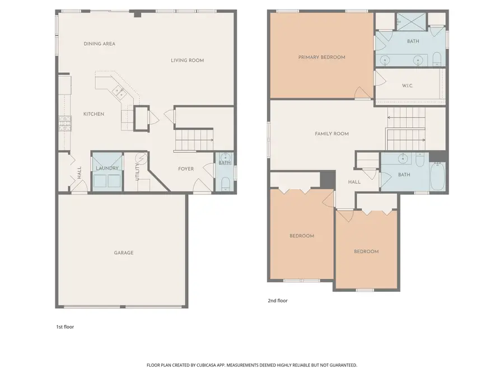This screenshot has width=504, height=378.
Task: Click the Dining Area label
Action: [99, 44]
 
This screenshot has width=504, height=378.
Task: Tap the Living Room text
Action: [187, 60]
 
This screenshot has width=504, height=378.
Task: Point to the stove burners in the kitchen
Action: [63, 123]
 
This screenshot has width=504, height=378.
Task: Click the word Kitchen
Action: [94, 114]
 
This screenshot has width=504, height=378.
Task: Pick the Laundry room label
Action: [107, 168]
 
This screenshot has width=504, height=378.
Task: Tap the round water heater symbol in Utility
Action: [141, 158]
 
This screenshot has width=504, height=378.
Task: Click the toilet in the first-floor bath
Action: [225, 183]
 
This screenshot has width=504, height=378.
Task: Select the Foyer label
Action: [186, 169]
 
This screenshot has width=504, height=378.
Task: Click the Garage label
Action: [124, 253]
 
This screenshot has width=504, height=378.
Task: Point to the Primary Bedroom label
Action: [321, 57]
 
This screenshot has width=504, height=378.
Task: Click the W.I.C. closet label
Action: [408, 86]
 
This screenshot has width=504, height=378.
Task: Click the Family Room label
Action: [332, 134]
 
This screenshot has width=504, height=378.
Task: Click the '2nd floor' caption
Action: [277, 301]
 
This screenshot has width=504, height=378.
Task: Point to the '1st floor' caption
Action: [64, 326]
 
